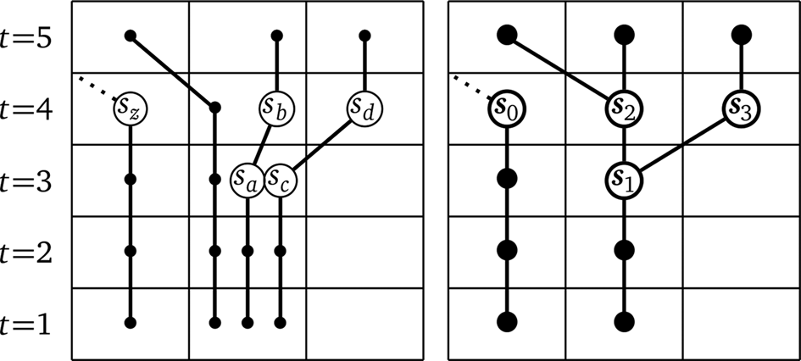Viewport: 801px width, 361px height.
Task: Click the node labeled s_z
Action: [131, 108]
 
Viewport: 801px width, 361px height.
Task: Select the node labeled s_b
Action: [276, 108]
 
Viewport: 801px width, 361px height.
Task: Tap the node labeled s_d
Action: [365, 108]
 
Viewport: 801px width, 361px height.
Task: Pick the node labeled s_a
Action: [248, 179]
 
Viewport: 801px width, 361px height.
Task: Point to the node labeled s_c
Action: [281, 179]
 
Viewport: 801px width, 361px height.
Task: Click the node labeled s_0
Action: [507, 108]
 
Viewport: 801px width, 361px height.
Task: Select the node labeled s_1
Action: [624, 179]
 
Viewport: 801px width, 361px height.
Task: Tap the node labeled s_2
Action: [624, 108]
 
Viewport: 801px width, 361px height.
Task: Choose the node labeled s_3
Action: [742, 108]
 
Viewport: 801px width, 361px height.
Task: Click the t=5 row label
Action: [28, 36]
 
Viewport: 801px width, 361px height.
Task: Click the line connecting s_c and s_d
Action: [323, 143]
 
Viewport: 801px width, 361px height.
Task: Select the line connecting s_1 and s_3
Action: [682, 143]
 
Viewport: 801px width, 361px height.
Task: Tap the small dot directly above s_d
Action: [365, 36]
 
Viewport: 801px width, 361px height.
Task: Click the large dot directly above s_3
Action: [742, 36]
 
